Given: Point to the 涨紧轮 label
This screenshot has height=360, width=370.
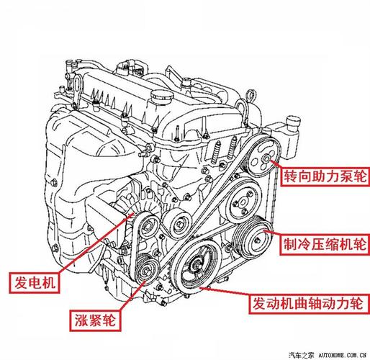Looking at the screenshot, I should tap(94, 318).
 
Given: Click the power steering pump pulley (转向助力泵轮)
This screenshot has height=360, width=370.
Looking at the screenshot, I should tap(268, 160).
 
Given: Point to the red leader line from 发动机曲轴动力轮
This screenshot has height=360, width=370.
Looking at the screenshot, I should tap(227, 294).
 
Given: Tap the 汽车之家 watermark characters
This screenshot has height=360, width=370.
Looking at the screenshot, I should tap(302, 354).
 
